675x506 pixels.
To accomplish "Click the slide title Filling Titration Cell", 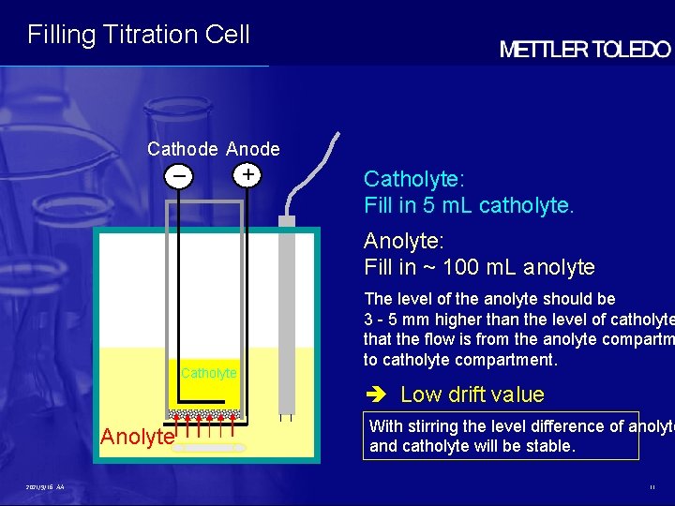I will (x=139, y=35).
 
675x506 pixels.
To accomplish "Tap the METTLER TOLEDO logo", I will (x=584, y=51).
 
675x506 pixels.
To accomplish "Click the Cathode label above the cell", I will (x=183, y=149).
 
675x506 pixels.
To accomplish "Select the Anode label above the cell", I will (x=253, y=149).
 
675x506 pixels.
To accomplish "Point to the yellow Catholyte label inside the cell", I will (x=208, y=373).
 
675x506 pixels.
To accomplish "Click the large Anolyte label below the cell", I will (x=137, y=437).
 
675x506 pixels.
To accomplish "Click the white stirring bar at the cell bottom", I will (x=211, y=449).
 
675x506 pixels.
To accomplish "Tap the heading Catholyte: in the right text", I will (x=413, y=179).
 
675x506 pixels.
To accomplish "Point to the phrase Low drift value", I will (x=472, y=394).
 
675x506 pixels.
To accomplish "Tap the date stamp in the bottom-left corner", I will (x=46, y=487).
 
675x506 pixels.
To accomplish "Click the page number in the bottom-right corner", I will (x=652, y=487).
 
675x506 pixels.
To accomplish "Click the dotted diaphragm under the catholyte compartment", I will (x=203, y=413).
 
